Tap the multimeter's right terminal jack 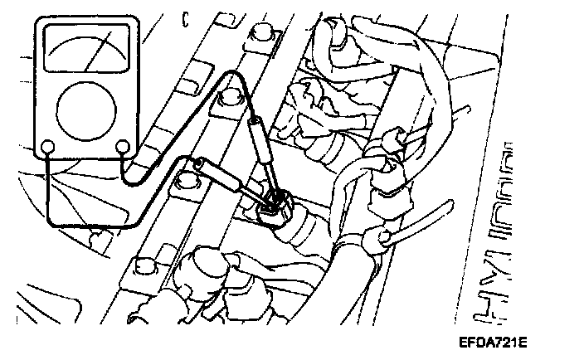(124, 148)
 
